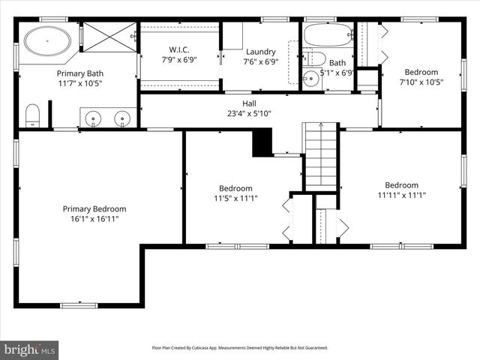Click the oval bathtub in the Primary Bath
(x=47, y=40)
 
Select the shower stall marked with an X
(x=109, y=37)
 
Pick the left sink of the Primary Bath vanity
(x=94, y=118)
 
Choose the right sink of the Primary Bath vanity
(x=121, y=118)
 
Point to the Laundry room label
(x=261, y=52)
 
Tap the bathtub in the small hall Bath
(x=328, y=34)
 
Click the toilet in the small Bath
(x=316, y=58)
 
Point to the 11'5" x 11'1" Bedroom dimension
(x=235, y=199)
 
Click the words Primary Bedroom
(x=94, y=208)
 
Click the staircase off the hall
(x=321, y=157)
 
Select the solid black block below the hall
(x=262, y=142)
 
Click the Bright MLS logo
(x=30, y=349)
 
